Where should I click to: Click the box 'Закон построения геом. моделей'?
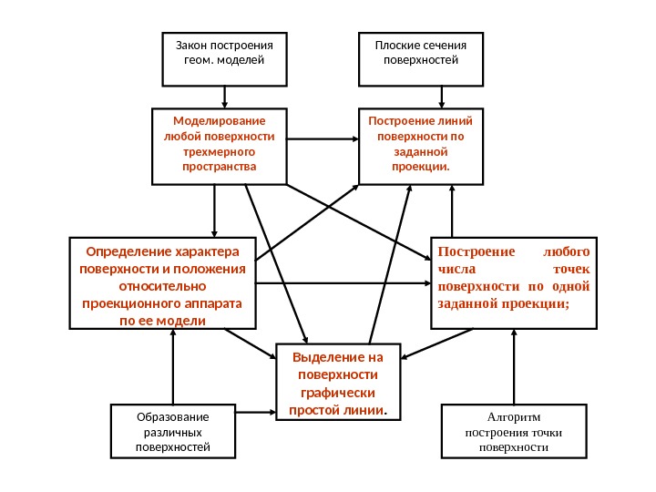(224, 54)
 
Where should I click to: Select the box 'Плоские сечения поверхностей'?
(421, 54)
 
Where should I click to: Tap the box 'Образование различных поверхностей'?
(172, 432)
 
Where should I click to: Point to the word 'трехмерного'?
(219, 152)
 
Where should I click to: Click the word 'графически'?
(337, 393)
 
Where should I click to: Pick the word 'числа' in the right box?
(456, 269)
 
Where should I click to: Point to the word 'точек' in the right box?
(571, 269)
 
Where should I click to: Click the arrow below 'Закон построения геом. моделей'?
(224, 94)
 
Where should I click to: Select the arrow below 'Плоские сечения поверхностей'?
(443, 94)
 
